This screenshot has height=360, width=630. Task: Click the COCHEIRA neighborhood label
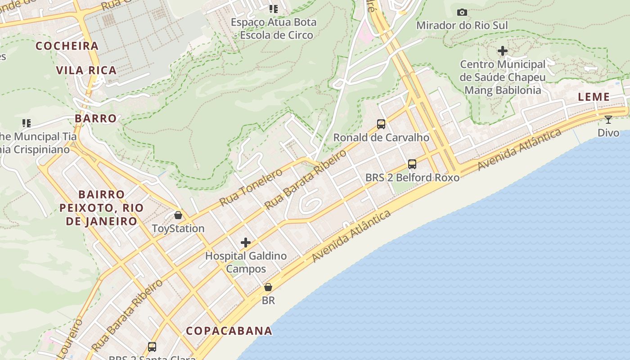[x=67, y=46]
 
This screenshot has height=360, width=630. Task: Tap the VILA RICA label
[x=86, y=70]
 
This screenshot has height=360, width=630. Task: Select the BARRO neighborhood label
[x=95, y=118]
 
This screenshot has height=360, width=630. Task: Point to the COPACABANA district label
[x=229, y=331]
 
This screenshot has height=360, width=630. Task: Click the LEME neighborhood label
[x=594, y=97]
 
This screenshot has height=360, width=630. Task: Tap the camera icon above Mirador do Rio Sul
[x=462, y=13]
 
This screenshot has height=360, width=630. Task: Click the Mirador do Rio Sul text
[x=462, y=25]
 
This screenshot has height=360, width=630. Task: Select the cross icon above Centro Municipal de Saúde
[x=503, y=51]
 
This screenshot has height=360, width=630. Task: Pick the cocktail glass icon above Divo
[x=608, y=120]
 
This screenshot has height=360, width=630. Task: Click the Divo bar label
[x=608, y=133]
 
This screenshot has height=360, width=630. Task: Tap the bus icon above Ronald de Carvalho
[x=381, y=124]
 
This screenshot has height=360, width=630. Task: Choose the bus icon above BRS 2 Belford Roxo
[x=412, y=164]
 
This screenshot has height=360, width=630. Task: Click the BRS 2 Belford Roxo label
[x=412, y=177]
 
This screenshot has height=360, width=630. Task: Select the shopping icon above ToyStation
[x=178, y=215]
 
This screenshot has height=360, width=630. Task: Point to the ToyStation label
[x=178, y=228]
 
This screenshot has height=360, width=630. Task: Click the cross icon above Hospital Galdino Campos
[x=246, y=243]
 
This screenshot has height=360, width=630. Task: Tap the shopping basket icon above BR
[x=268, y=287]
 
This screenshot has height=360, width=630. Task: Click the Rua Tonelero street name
[x=251, y=187]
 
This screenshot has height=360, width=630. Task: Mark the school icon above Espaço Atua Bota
[x=274, y=9]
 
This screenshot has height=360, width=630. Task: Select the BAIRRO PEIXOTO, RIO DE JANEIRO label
[x=101, y=208]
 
